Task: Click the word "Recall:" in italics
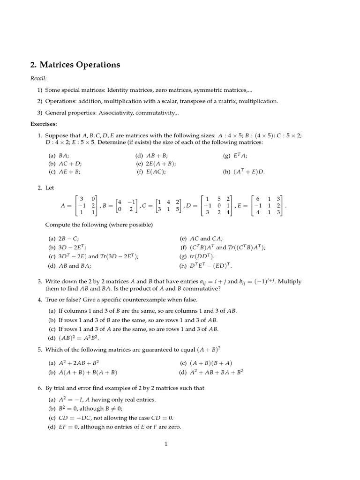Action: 38,78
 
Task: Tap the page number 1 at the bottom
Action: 165,444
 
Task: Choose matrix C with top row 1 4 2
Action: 169,205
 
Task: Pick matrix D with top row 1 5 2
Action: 217,205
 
